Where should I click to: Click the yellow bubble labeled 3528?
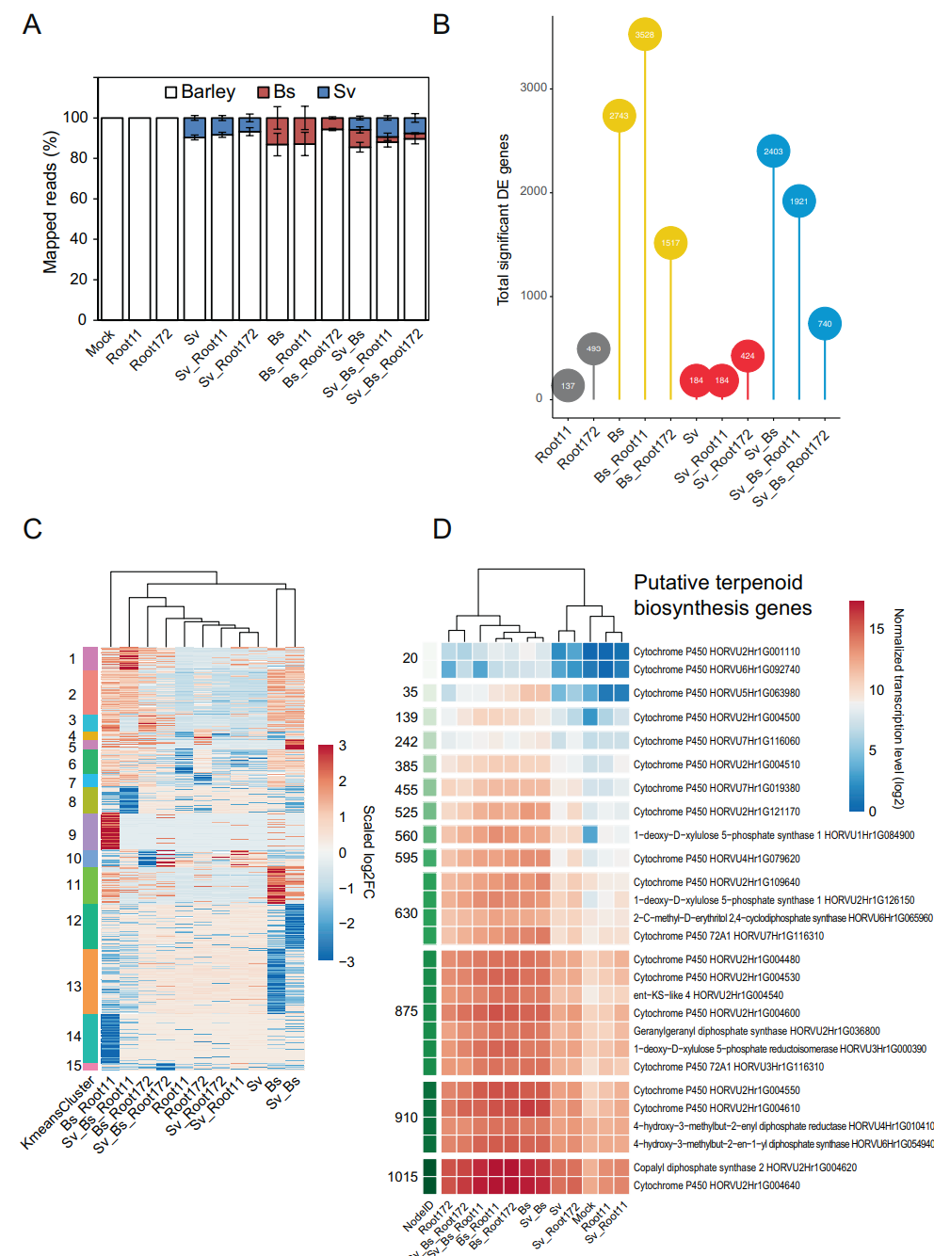point(644,35)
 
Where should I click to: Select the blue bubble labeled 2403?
point(773,151)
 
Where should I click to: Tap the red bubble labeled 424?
point(748,356)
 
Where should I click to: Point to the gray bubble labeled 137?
point(568,385)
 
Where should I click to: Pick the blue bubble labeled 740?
point(825,324)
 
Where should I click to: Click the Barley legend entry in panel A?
point(201,91)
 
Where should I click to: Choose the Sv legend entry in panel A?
point(337,91)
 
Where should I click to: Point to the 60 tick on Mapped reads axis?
point(77,198)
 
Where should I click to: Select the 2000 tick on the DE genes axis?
point(533,191)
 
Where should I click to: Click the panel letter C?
point(32,528)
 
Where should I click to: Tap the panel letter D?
point(442,528)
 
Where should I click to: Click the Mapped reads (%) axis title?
point(50,201)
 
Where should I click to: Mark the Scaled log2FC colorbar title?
point(368,852)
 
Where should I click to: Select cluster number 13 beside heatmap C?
point(73,987)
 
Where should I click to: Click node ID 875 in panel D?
point(406,1011)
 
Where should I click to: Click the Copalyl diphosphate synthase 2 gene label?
point(745,1167)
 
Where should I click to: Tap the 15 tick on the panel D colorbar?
point(877,629)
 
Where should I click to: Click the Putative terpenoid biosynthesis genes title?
point(721,595)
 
